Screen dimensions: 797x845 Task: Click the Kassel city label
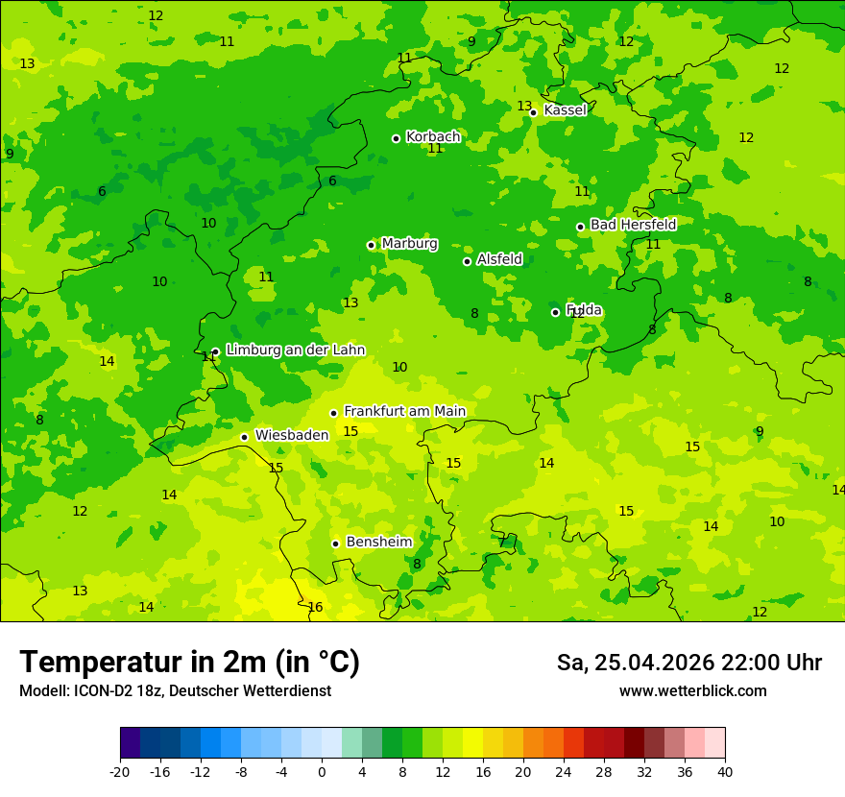click(565, 110)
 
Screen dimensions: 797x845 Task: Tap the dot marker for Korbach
click(396, 138)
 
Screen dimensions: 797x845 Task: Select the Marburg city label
click(409, 244)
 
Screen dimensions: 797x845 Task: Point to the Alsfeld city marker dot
click(467, 261)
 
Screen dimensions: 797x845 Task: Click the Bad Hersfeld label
click(633, 225)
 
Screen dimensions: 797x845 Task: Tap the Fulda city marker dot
click(555, 312)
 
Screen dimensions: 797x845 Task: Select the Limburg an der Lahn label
click(295, 350)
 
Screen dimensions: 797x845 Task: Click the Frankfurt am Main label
click(404, 412)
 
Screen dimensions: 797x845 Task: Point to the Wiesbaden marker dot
click(244, 437)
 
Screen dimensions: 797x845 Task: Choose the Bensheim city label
click(378, 543)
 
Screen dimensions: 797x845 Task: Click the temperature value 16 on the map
click(315, 608)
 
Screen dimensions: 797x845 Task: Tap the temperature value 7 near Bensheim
click(501, 543)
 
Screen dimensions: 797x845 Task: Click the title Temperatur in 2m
click(189, 663)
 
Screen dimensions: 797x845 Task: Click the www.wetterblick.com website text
click(692, 691)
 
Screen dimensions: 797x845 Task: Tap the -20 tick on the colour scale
click(120, 772)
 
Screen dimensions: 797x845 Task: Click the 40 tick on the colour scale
click(725, 772)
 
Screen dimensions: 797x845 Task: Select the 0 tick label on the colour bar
click(322, 772)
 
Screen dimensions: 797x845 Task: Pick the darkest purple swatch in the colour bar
click(130, 743)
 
